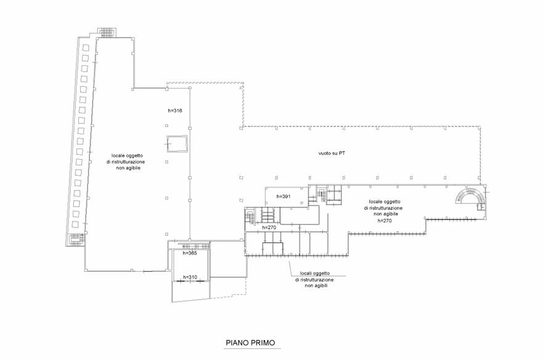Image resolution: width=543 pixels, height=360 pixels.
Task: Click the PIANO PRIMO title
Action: pos(250,343)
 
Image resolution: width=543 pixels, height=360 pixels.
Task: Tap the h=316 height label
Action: pos(175,111)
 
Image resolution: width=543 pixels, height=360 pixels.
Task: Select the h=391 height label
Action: pos(284,197)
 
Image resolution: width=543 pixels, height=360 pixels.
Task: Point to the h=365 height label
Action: pos(190,253)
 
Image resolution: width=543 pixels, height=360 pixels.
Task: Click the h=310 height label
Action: pos(190,277)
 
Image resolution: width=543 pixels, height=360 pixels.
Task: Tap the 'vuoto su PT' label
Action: pos(332,153)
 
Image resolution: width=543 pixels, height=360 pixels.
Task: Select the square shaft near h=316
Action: pos(178,144)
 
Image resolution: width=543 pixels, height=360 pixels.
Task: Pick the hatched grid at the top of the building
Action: pos(107,32)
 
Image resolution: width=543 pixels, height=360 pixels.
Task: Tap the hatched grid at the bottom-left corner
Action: pos(76,240)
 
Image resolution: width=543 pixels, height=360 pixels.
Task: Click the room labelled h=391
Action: pos(287,196)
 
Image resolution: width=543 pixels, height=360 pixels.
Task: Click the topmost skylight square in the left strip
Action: pos(85,48)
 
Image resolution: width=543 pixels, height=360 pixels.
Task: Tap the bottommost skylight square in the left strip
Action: pos(75,224)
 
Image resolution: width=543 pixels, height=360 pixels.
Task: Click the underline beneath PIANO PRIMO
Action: pos(252,348)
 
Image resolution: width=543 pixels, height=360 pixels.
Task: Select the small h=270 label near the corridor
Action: pos(269,227)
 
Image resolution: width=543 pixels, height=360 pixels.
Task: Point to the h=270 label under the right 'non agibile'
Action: pos(385,220)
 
